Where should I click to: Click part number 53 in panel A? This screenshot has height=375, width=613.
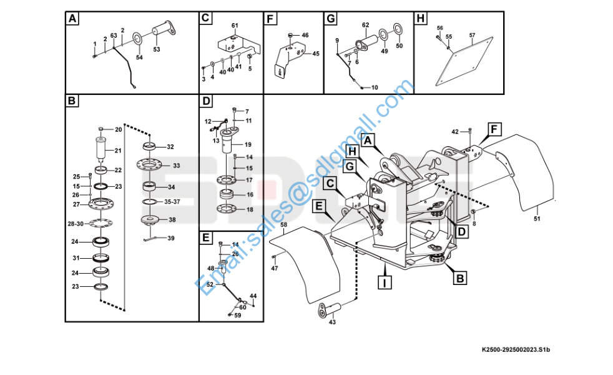pos(156,49)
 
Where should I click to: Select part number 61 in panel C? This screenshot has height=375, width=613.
pos(235,26)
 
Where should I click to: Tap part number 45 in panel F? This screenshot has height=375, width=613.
pos(316,54)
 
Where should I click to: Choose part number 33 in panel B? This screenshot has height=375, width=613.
pos(176,166)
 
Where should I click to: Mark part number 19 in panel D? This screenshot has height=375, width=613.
pos(248,144)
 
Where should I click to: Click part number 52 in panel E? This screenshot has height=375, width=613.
pos(210,284)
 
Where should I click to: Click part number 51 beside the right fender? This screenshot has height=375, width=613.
pos(537,218)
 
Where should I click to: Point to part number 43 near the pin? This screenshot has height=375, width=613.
pos(331,322)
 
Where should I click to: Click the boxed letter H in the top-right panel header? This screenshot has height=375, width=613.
pos(421,19)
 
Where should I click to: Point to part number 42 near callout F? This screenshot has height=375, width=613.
pos(454,131)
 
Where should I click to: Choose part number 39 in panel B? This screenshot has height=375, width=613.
pos(171,238)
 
